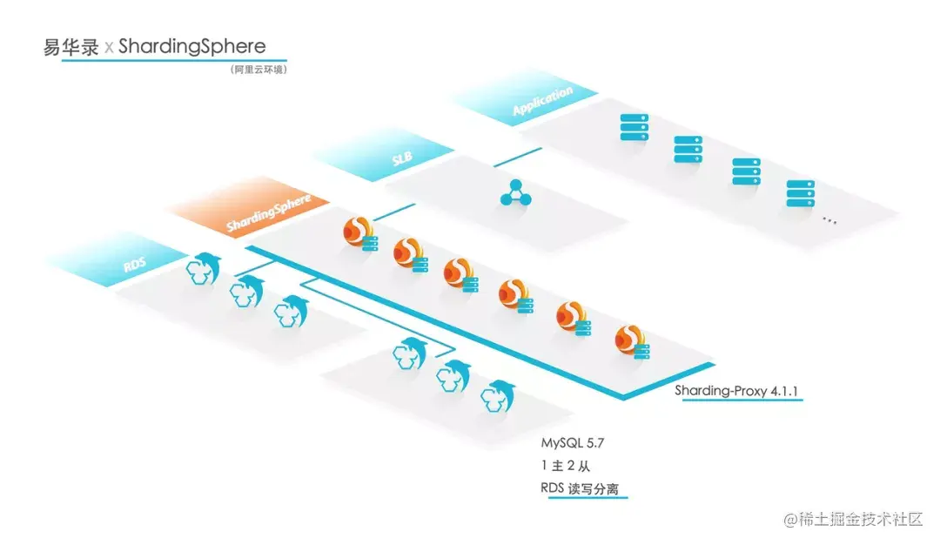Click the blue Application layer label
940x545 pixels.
(542, 101)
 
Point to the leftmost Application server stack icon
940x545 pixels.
(634, 127)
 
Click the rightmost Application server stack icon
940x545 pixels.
(800, 192)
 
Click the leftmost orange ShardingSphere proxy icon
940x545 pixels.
(358, 233)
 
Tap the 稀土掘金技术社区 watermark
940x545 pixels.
(853, 520)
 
